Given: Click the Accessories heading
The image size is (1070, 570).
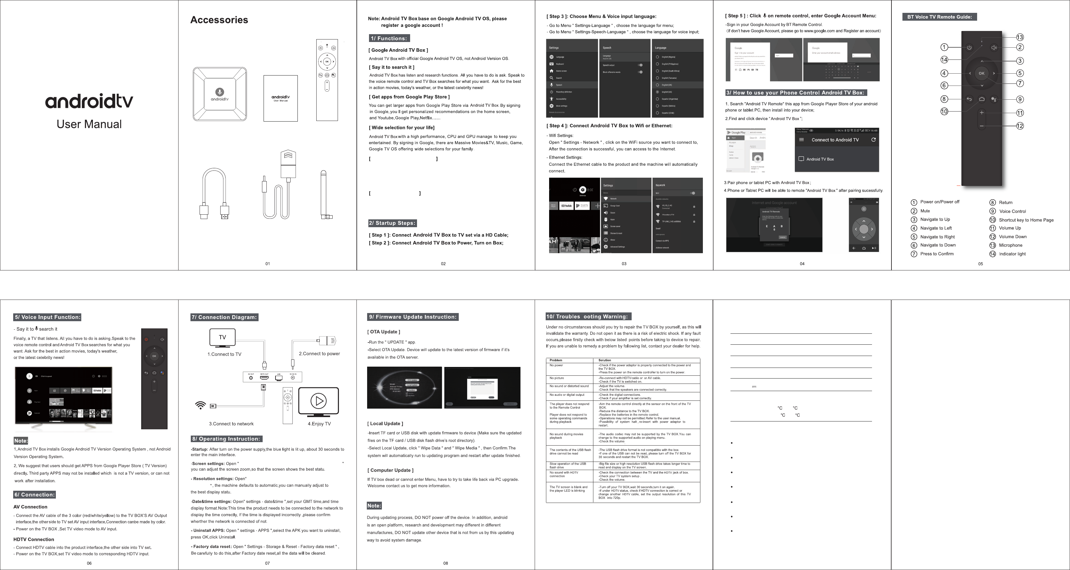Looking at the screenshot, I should [x=219, y=20].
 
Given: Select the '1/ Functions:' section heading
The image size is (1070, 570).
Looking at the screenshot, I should [x=389, y=39].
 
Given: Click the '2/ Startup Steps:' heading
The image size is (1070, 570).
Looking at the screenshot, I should [x=392, y=223].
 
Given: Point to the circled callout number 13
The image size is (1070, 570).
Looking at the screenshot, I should [x=1020, y=37].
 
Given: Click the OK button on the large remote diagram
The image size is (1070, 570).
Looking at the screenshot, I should [x=982, y=73].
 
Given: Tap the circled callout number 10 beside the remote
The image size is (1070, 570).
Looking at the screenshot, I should [x=944, y=111].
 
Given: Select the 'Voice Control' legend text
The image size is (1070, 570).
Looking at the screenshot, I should [x=1012, y=211].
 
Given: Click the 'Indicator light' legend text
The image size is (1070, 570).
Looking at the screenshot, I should [x=1012, y=254].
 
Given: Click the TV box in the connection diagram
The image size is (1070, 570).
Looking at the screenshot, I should [x=272, y=377].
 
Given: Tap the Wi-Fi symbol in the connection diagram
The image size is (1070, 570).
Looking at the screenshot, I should [x=201, y=405].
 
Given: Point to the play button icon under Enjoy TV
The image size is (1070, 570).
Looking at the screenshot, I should [x=318, y=401].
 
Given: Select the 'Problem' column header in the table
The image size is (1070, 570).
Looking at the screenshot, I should [x=556, y=360].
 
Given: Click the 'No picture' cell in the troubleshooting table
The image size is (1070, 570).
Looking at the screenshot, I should [x=557, y=378].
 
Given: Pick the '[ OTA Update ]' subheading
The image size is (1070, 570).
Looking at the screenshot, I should [x=383, y=332].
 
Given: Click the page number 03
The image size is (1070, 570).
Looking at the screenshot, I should [x=624, y=264].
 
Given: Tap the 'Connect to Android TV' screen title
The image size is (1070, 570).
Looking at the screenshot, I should [x=835, y=140].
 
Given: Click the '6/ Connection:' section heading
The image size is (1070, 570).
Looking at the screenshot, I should [x=35, y=494].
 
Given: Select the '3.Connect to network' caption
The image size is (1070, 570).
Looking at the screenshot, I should [x=231, y=424].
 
